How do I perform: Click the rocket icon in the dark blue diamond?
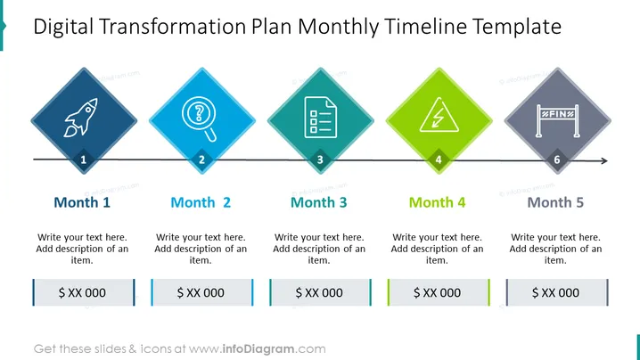(x=81, y=117)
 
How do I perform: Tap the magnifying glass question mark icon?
(x=199, y=119)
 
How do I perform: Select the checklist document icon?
(x=321, y=117)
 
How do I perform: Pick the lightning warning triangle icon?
(x=439, y=115)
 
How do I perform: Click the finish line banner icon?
(x=558, y=121)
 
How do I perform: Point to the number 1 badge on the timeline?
(x=84, y=160)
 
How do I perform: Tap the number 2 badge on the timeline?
(x=201, y=160)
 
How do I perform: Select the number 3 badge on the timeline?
(x=320, y=160)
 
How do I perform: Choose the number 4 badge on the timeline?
(x=439, y=160)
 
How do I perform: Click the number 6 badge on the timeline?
(x=557, y=160)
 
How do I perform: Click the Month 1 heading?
(x=82, y=202)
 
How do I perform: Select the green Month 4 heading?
(x=437, y=202)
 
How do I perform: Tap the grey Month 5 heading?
(x=555, y=202)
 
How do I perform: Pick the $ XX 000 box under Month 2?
(x=202, y=292)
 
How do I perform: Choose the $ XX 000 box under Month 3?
(x=320, y=292)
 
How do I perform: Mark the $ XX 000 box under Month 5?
(x=557, y=292)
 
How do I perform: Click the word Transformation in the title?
(x=172, y=27)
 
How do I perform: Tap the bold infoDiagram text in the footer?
(x=258, y=349)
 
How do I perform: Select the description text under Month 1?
(x=82, y=249)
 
